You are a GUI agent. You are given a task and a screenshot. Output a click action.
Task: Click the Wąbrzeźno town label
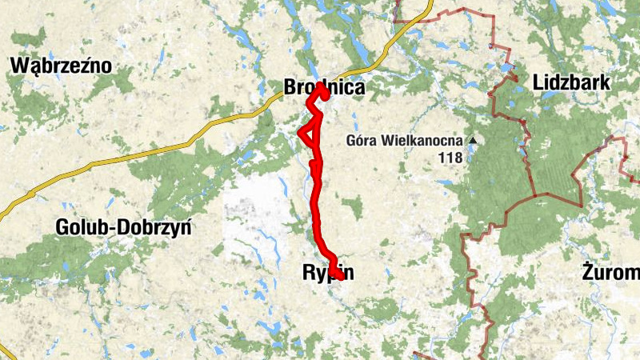61,66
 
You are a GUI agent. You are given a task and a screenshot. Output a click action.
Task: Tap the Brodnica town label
324,88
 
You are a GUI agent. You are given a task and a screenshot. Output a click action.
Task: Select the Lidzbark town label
571,82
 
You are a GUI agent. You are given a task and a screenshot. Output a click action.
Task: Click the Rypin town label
328,273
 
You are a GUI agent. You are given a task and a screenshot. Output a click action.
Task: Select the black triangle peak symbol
473,142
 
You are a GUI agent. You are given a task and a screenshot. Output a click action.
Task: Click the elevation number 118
451,158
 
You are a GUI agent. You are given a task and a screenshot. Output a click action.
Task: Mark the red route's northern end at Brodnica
324,91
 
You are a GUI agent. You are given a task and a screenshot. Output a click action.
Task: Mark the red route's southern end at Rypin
338,276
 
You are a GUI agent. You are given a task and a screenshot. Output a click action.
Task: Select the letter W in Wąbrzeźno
18,66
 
